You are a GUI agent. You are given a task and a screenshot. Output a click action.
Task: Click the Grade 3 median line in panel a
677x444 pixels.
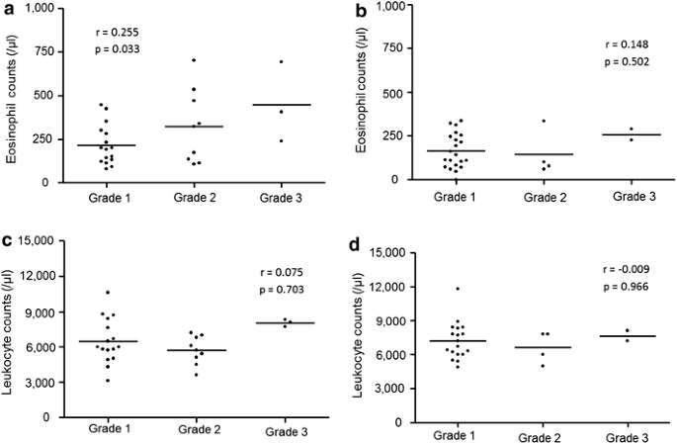click(287, 105)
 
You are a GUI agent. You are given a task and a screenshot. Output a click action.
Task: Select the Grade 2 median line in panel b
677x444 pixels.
click(539, 154)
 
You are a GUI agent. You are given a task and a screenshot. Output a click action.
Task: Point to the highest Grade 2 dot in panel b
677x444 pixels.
click(543, 122)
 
